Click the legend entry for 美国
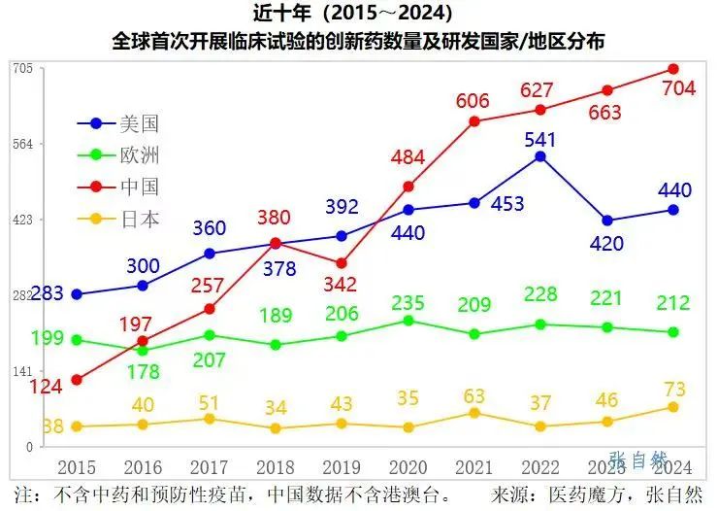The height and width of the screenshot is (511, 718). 121,123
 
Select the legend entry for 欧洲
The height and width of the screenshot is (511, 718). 121,155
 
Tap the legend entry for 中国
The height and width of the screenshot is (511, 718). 121,187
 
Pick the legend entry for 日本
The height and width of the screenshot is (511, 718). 121,220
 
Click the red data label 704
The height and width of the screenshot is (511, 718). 678,89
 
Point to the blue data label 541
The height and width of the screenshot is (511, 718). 540,139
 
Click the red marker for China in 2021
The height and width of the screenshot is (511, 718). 474,121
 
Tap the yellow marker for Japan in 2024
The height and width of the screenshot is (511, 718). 673,407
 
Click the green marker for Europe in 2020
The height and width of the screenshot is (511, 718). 408,321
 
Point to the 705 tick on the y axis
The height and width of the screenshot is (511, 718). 23,68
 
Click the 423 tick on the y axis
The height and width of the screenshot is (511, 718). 23,220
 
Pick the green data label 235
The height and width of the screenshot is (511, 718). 408,303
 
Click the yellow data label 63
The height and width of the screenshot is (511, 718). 474,394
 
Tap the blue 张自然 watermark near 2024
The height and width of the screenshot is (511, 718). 639,460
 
